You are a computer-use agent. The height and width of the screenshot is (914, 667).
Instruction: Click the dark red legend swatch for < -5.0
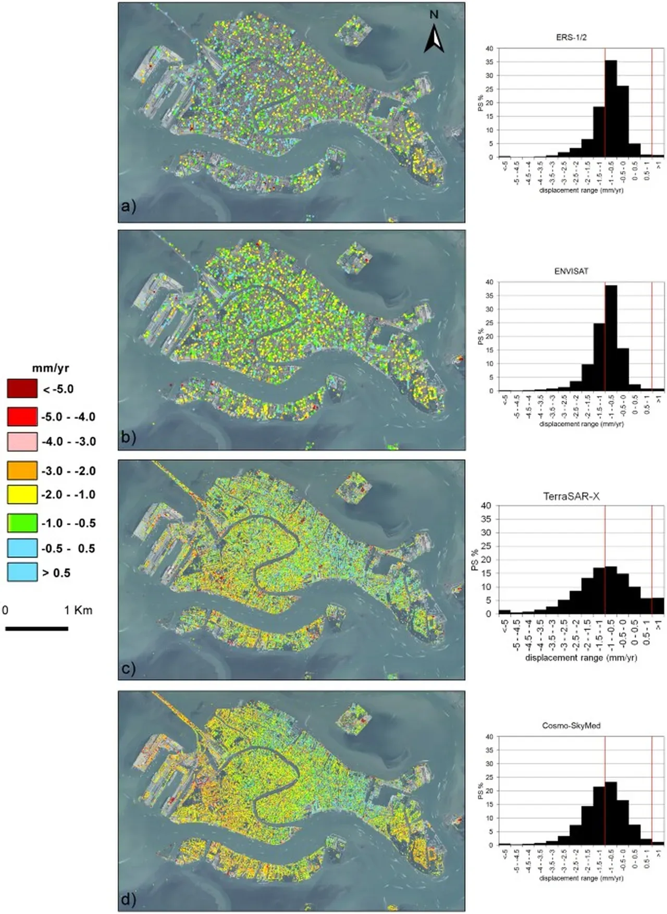point(22,389)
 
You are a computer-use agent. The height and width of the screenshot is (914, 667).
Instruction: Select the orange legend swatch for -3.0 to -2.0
point(22,471)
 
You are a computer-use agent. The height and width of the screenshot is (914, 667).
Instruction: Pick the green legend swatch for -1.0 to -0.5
point(22,523)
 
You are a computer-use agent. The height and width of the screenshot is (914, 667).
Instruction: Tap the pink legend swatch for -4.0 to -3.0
point(22,441)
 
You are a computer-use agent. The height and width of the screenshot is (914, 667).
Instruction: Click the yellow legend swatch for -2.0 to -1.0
point(22,494)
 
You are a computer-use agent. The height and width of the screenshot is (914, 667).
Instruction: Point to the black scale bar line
point(36,628)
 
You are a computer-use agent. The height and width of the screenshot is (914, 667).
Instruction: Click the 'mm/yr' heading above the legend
point(51,368)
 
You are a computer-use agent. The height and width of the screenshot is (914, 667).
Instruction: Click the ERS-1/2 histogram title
point(572,38)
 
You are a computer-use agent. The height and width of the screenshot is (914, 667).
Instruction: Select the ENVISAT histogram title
point(572,271)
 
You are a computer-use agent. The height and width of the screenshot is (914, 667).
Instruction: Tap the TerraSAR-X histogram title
point(572,497)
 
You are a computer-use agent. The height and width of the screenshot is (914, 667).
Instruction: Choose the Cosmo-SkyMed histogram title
point(572,725)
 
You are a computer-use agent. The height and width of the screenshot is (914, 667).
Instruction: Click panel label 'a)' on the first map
point(128,206)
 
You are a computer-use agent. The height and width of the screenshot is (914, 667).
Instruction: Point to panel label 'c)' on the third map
point(128,668)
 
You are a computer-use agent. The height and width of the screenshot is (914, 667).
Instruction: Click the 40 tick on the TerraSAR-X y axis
point(487,505)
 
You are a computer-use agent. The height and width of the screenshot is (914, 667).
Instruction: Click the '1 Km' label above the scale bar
point(78,610)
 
